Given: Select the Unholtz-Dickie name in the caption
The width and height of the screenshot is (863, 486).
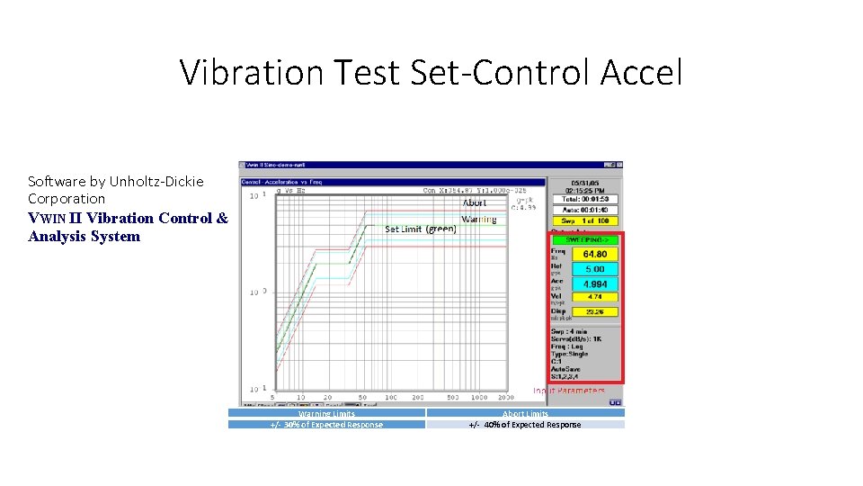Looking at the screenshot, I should tap(156, 182).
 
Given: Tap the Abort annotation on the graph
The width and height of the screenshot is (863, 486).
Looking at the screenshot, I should tap(475, 202).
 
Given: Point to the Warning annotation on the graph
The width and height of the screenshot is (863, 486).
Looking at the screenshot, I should tap(478, 220).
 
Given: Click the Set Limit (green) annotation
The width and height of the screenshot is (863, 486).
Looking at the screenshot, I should tap(420, 229).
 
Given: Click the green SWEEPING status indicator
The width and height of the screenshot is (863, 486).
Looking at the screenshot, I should tap(584, 240).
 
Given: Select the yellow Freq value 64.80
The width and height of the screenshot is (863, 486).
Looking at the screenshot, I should tap(594, 255).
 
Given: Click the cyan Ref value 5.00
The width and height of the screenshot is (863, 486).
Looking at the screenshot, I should tap(594, 269).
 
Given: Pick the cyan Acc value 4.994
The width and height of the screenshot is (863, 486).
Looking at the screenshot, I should tap(594, 284).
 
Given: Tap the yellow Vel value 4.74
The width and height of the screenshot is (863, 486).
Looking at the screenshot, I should tap(594, 297).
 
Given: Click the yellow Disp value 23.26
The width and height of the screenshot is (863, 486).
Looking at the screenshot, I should tap(594, 312).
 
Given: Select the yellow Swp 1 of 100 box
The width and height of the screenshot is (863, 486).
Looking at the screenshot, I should tap(585, 220).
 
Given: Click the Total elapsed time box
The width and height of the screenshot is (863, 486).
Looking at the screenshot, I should tap(585, 199).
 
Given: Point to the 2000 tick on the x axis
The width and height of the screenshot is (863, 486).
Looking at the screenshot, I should tap(505, 397).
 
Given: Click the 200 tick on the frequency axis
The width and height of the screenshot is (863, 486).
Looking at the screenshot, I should tap(417, 397).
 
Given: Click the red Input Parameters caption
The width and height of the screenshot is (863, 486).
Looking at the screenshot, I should tap(569, 391).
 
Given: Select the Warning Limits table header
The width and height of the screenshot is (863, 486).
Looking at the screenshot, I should tap(326, 413).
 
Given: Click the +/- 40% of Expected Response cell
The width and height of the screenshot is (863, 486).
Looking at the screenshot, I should tap(525, 424).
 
